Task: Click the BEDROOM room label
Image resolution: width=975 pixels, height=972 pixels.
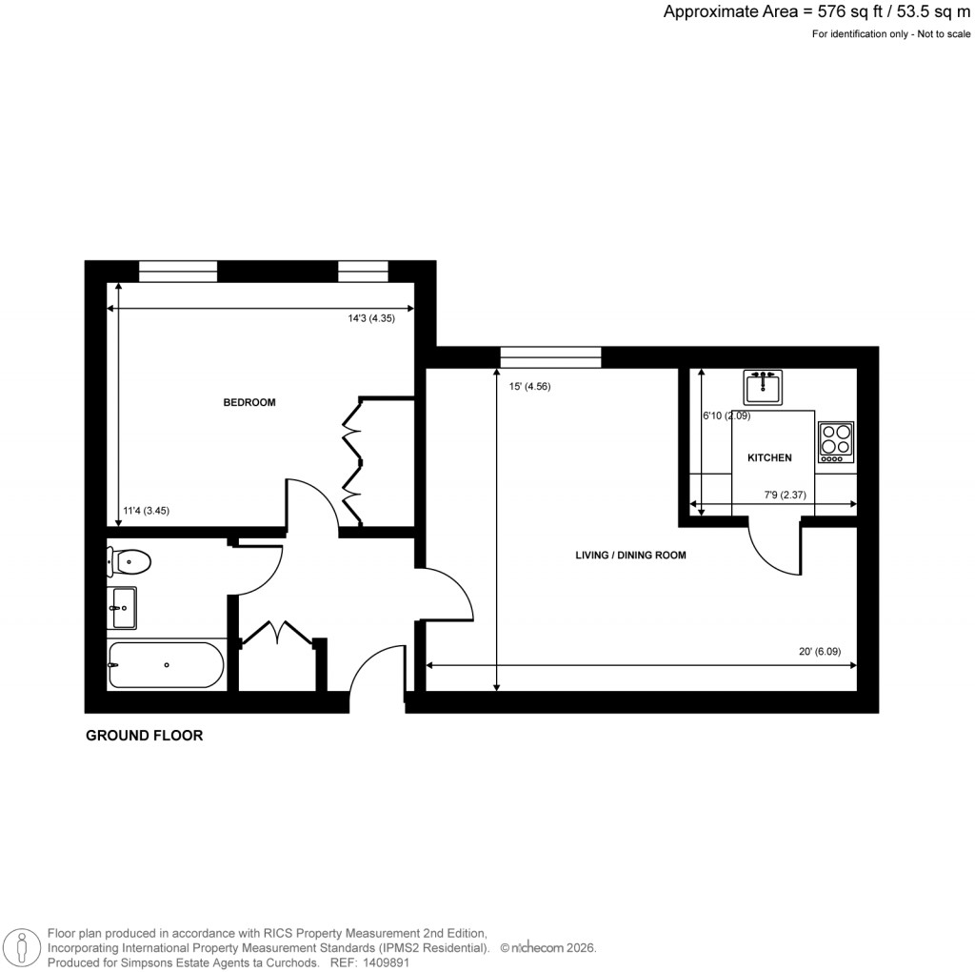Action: [249, 402]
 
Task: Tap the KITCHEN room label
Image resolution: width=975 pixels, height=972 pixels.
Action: [768, 458]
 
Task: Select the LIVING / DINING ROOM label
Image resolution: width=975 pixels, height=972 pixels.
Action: [630, 556]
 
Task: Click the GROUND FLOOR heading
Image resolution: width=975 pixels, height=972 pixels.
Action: [144, 736]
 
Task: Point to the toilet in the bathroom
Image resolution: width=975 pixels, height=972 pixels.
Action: [129, 561]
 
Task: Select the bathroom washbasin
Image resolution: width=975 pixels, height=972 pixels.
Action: [124, 608]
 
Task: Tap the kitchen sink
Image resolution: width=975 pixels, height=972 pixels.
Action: [762, 388]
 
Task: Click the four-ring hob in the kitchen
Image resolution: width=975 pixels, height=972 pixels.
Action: [835, 442]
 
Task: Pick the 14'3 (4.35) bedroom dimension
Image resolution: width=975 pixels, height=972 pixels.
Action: [371, 319]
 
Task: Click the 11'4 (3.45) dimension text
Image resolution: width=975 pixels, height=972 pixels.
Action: [147, 511]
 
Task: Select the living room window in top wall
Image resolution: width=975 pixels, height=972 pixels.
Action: [550, 357]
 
